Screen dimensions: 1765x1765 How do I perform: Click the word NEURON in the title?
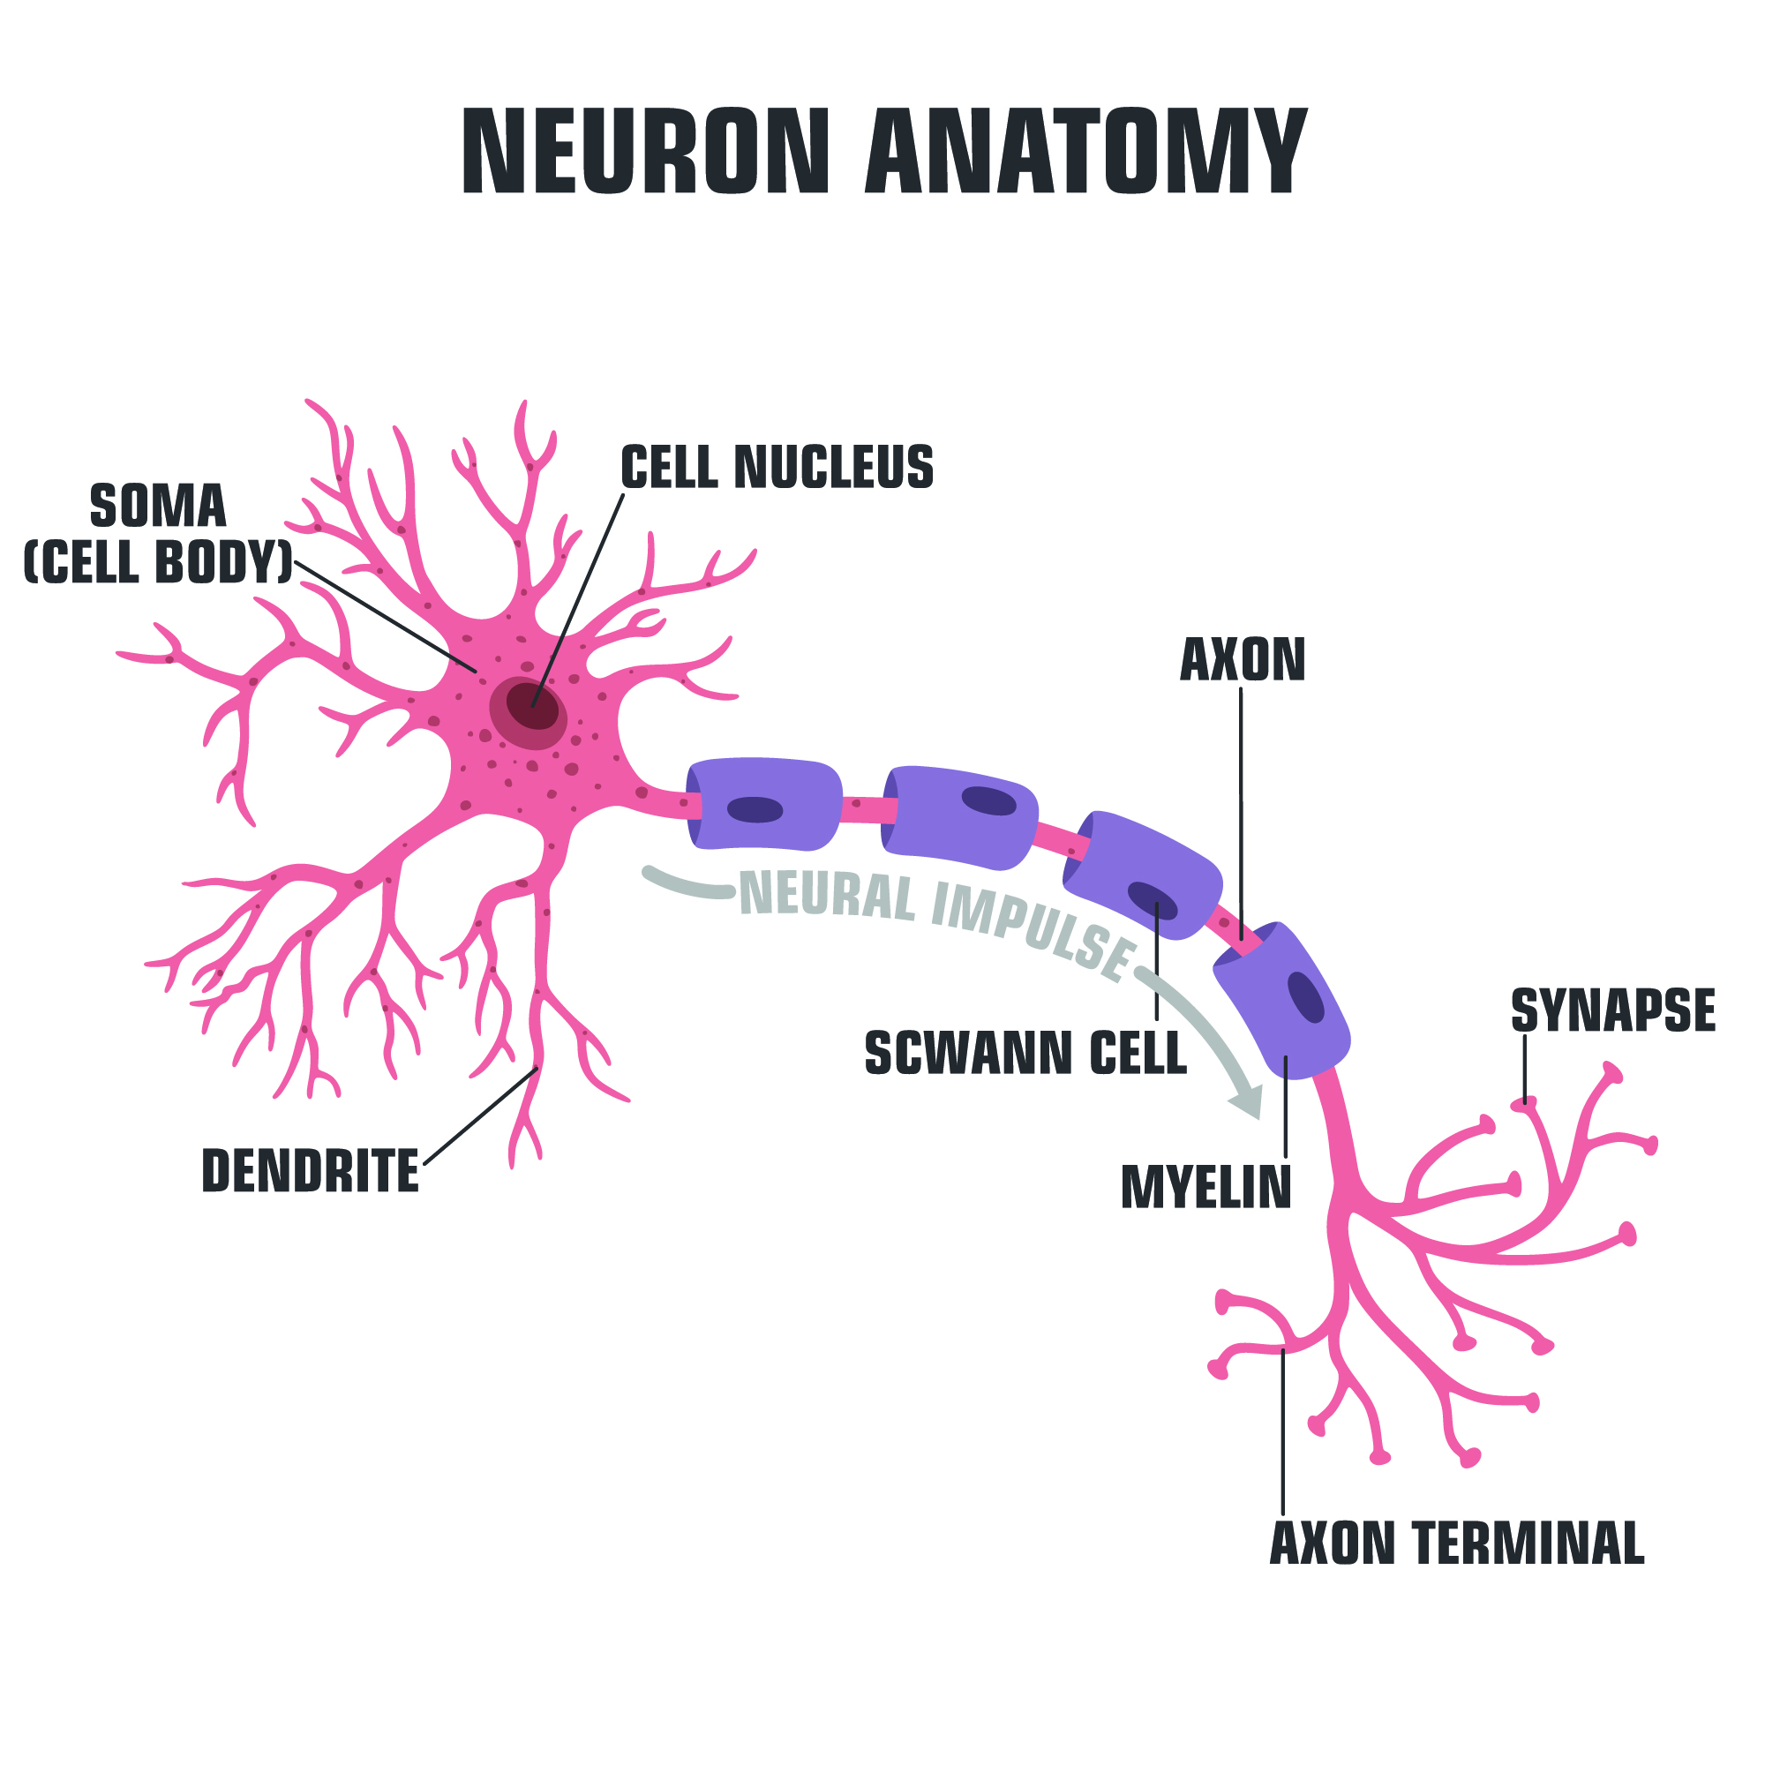645,152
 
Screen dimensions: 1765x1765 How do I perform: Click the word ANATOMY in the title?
1086,152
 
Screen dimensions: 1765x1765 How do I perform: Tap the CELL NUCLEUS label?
777,467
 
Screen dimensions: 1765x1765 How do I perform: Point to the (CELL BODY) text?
158,561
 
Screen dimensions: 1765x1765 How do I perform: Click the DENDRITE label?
310,1171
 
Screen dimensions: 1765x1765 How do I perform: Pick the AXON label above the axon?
1243,659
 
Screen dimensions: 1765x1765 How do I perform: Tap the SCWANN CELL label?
1025,1054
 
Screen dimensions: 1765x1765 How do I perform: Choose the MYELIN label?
1205,1188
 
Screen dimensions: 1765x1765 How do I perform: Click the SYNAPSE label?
1613,1010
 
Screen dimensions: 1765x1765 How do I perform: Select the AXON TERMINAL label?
1457,1543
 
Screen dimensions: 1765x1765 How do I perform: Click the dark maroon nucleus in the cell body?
533,705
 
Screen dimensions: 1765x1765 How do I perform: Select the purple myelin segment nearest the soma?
763,804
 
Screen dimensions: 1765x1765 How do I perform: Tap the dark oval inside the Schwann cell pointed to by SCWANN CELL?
1153,901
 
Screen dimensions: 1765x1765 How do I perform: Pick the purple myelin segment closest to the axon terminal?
1282,1001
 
